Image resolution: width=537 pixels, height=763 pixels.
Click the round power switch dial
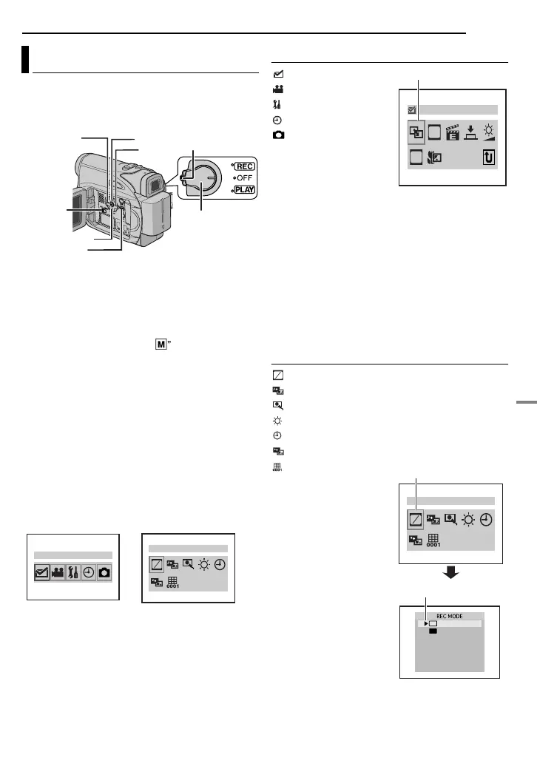tap(202, 177)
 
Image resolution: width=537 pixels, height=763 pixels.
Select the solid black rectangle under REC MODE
tap(433, 632)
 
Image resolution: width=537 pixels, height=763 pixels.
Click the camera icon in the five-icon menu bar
tap(104, 572)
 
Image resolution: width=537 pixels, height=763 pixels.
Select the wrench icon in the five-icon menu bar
tap(73, 572)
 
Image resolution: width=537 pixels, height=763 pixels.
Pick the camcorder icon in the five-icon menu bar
tap(58, 572)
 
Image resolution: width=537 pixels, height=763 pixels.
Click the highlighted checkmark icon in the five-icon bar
tap(41, 572)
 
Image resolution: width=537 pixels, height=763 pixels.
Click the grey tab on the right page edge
tap(526, 409)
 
